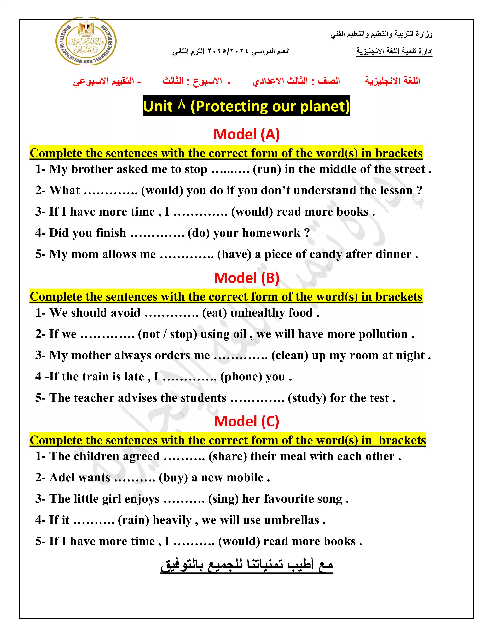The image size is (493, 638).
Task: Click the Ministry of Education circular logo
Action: tap(86, 42)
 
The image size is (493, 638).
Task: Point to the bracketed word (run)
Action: tap(267, 169)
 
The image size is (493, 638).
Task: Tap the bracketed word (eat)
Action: tap(214, 313)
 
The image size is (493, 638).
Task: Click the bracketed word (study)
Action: tap(307, 398)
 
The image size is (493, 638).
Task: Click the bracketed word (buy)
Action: tap(173, 478)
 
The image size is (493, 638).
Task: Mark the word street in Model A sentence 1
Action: tap(409, 169)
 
